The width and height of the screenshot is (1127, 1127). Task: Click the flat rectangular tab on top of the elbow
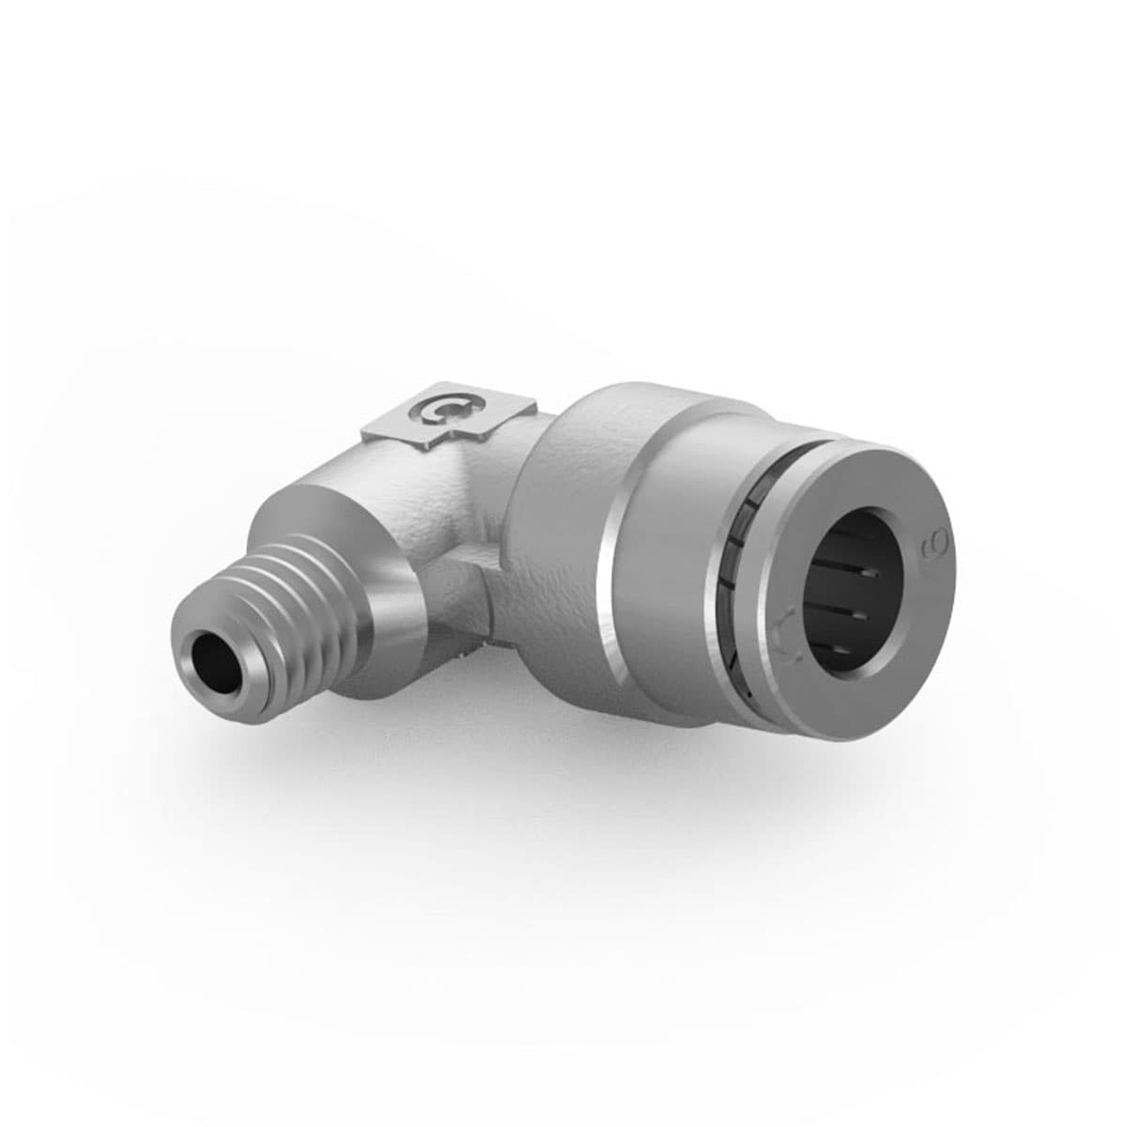451,413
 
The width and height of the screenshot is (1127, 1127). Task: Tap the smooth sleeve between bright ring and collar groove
676,563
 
